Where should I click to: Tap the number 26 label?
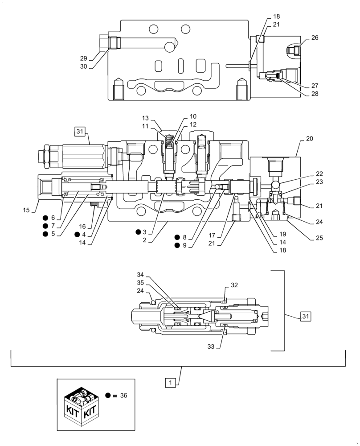(315, 38)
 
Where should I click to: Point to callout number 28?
(315, 94)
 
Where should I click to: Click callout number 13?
(146, 118)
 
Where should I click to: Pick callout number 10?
(192, 116)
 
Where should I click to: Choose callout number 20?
(310, 139)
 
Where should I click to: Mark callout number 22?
(319, 173)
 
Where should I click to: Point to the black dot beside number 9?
(177, 245)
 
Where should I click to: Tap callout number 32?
(234, 285)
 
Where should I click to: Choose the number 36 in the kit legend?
(123, 395)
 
